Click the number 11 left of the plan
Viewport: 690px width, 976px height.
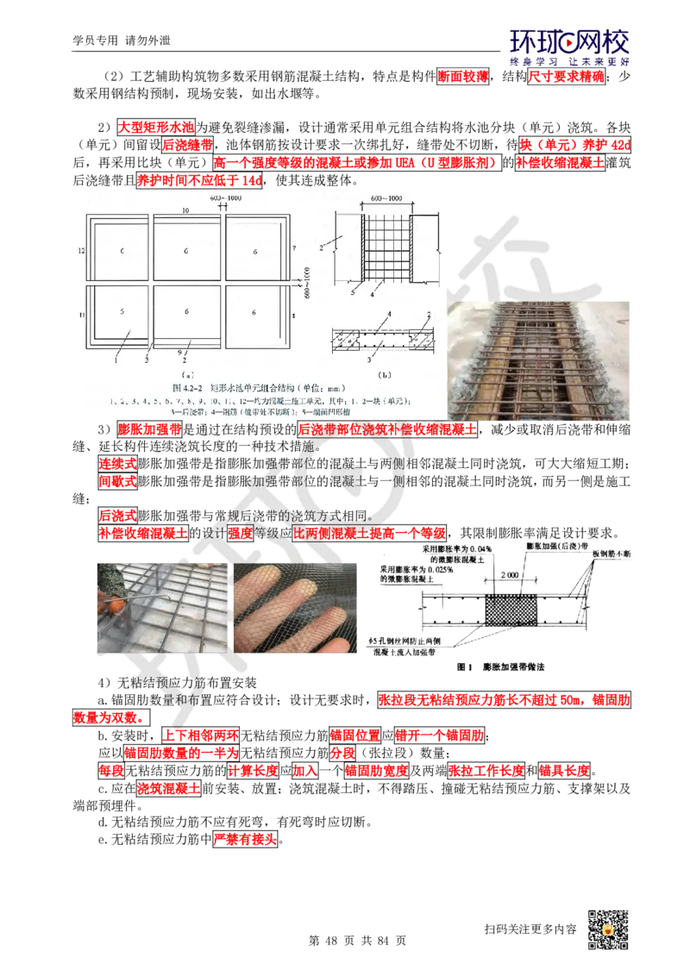(79, 316)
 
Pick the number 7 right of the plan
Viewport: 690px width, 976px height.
(294, 248)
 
